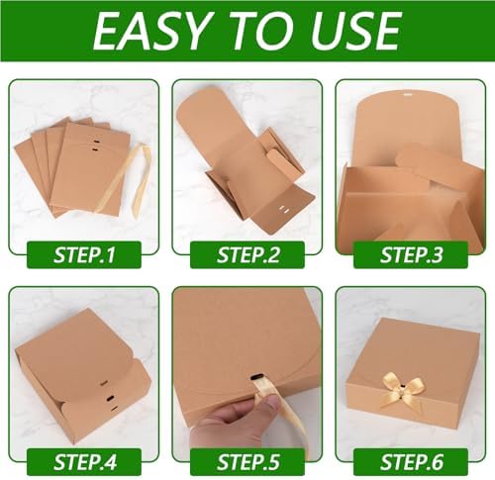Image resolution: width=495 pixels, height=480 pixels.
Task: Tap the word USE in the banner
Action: (355, 31)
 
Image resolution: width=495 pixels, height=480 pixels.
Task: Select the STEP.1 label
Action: (84, 254)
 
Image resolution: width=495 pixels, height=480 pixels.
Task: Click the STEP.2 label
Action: (247, 254)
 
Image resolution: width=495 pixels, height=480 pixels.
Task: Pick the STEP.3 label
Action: (411, 254)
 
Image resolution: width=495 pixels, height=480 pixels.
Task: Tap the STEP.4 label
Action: (84, 462)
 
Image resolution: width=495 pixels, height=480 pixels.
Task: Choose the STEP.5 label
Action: (247, 462)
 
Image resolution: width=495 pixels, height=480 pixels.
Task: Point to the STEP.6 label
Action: (411, 462)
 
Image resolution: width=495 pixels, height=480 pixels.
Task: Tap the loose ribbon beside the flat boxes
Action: (141, 175)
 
